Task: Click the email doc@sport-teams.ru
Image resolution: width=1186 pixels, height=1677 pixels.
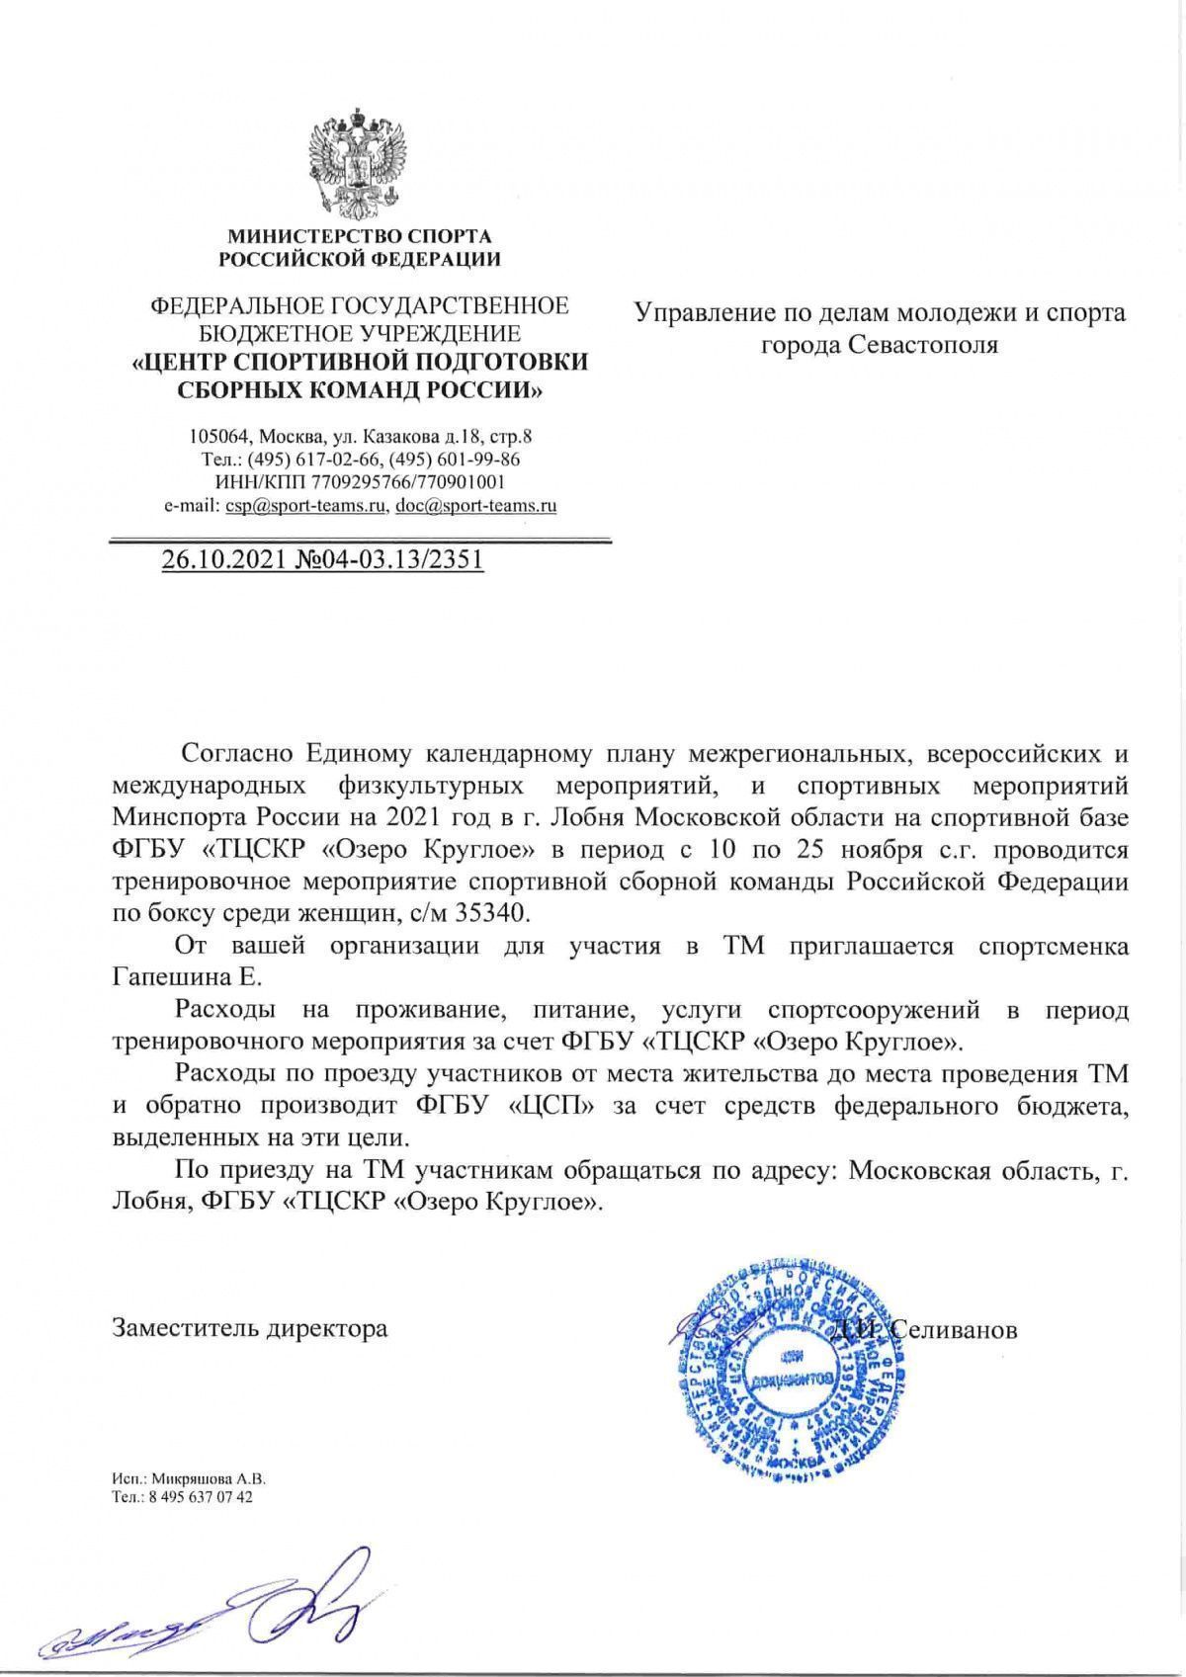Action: tap(475, 506)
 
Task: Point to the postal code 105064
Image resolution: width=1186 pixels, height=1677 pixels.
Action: tap(218, 436)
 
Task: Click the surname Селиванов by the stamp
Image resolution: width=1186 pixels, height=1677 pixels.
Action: tap(954, 1329)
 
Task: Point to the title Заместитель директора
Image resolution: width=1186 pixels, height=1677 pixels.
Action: tap(250, 1328)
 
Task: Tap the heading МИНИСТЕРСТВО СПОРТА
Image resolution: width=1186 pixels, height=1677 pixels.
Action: tap(360, 237)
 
